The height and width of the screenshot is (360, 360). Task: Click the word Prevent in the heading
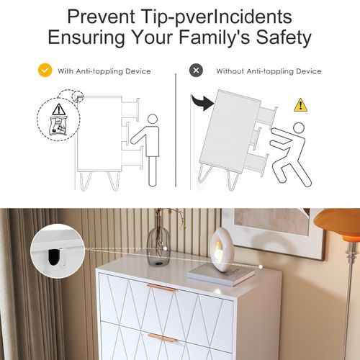point(101,17)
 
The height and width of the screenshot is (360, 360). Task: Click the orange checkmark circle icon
point(45,71)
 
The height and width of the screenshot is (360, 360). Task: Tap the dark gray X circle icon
point(196,71)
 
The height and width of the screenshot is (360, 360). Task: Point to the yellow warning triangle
point(300,105)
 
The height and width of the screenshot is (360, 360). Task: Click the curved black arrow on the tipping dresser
point(202,102)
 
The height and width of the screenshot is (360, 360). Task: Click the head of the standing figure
point(152,120)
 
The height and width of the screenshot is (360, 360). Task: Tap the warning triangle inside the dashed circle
point(59,109)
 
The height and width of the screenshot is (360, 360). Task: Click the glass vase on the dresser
point(158,246)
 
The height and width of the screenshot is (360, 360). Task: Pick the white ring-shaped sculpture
point(220,250)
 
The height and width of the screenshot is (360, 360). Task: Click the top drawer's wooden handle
point(162,287)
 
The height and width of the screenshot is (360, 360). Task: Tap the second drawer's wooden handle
point(162,338)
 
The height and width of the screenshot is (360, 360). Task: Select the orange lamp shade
point(337,225)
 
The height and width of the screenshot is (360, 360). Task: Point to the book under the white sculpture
point(221,274)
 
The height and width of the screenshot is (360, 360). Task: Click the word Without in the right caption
point(230,71)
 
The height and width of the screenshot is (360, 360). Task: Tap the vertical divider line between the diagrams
point(176,130)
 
